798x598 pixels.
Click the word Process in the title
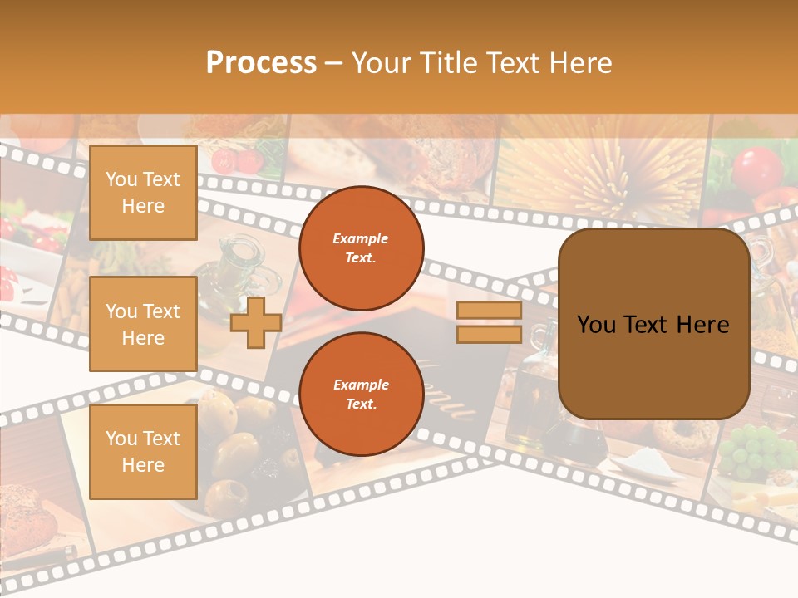click(x=261, y=63)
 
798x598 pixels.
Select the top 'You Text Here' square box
click(x=143, y=193)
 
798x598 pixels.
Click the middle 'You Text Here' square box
click(x=143, y=324)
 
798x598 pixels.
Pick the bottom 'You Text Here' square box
click(x=143, y=451)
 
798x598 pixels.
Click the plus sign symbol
click(x=256, y=322)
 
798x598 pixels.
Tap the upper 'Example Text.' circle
click(x=361, y=248)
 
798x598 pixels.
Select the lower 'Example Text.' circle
click(x=361, y=395)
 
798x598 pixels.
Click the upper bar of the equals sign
click(x=489, y=311)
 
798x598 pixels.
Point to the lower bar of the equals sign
click(x=489, y=334)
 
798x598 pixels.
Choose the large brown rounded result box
click(x=653, y=324)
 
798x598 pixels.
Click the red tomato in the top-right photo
click(x=757, y=169)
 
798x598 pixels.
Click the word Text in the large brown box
click(x=653, y=325)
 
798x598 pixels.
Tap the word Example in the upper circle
click(x=361, y=238)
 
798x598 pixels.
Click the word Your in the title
click(x=382, y=63)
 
